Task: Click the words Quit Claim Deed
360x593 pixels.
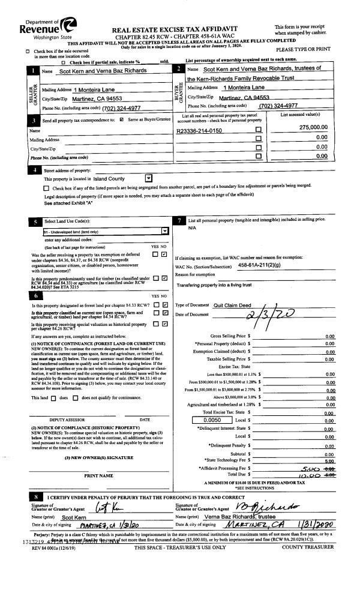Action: click(x=233, y=305)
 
